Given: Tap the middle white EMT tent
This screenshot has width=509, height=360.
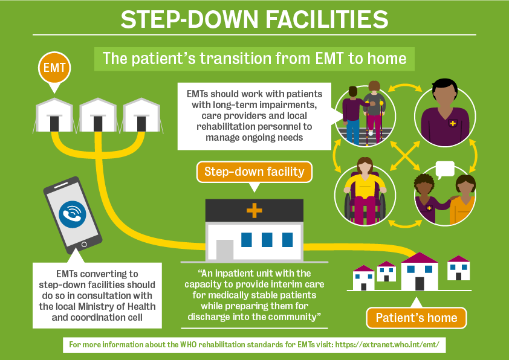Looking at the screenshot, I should (x=98, y=115).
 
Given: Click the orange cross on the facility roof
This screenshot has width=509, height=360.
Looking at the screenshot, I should (x=254, y=211).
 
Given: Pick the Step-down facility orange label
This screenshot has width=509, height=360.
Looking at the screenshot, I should (x=254, y=172).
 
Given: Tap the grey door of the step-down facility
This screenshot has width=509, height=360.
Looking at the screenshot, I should (x=224, y=249).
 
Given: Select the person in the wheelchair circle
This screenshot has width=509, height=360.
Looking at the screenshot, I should (x=365, y=189).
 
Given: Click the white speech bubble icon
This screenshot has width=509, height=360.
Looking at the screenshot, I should (x=444, y=169).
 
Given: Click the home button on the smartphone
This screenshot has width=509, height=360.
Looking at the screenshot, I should (x=83, y=244).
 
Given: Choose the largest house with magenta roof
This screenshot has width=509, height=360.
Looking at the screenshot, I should (x=419, y=272).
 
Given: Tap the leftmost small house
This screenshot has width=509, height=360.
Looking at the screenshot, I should (x=364, y=277).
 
